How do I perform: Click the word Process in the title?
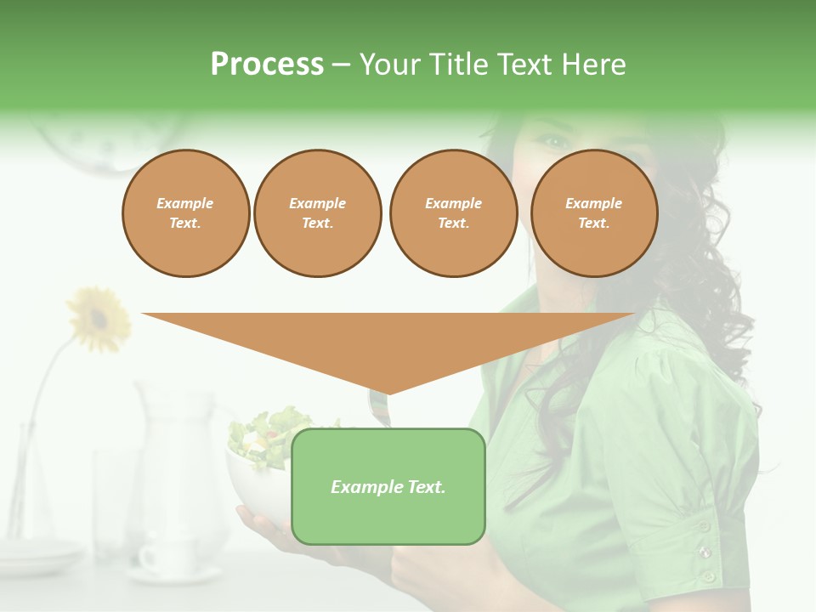[267, 65]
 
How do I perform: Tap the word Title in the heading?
[459, 65]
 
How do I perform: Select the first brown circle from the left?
[185, 213]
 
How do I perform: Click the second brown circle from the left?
[317, 213]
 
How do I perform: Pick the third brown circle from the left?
[453, 213]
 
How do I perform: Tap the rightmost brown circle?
[593, 213]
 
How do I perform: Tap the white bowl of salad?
[259, 476]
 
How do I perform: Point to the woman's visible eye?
[553, 141]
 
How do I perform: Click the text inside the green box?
[388, 487]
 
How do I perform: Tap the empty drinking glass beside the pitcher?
[115, 501]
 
